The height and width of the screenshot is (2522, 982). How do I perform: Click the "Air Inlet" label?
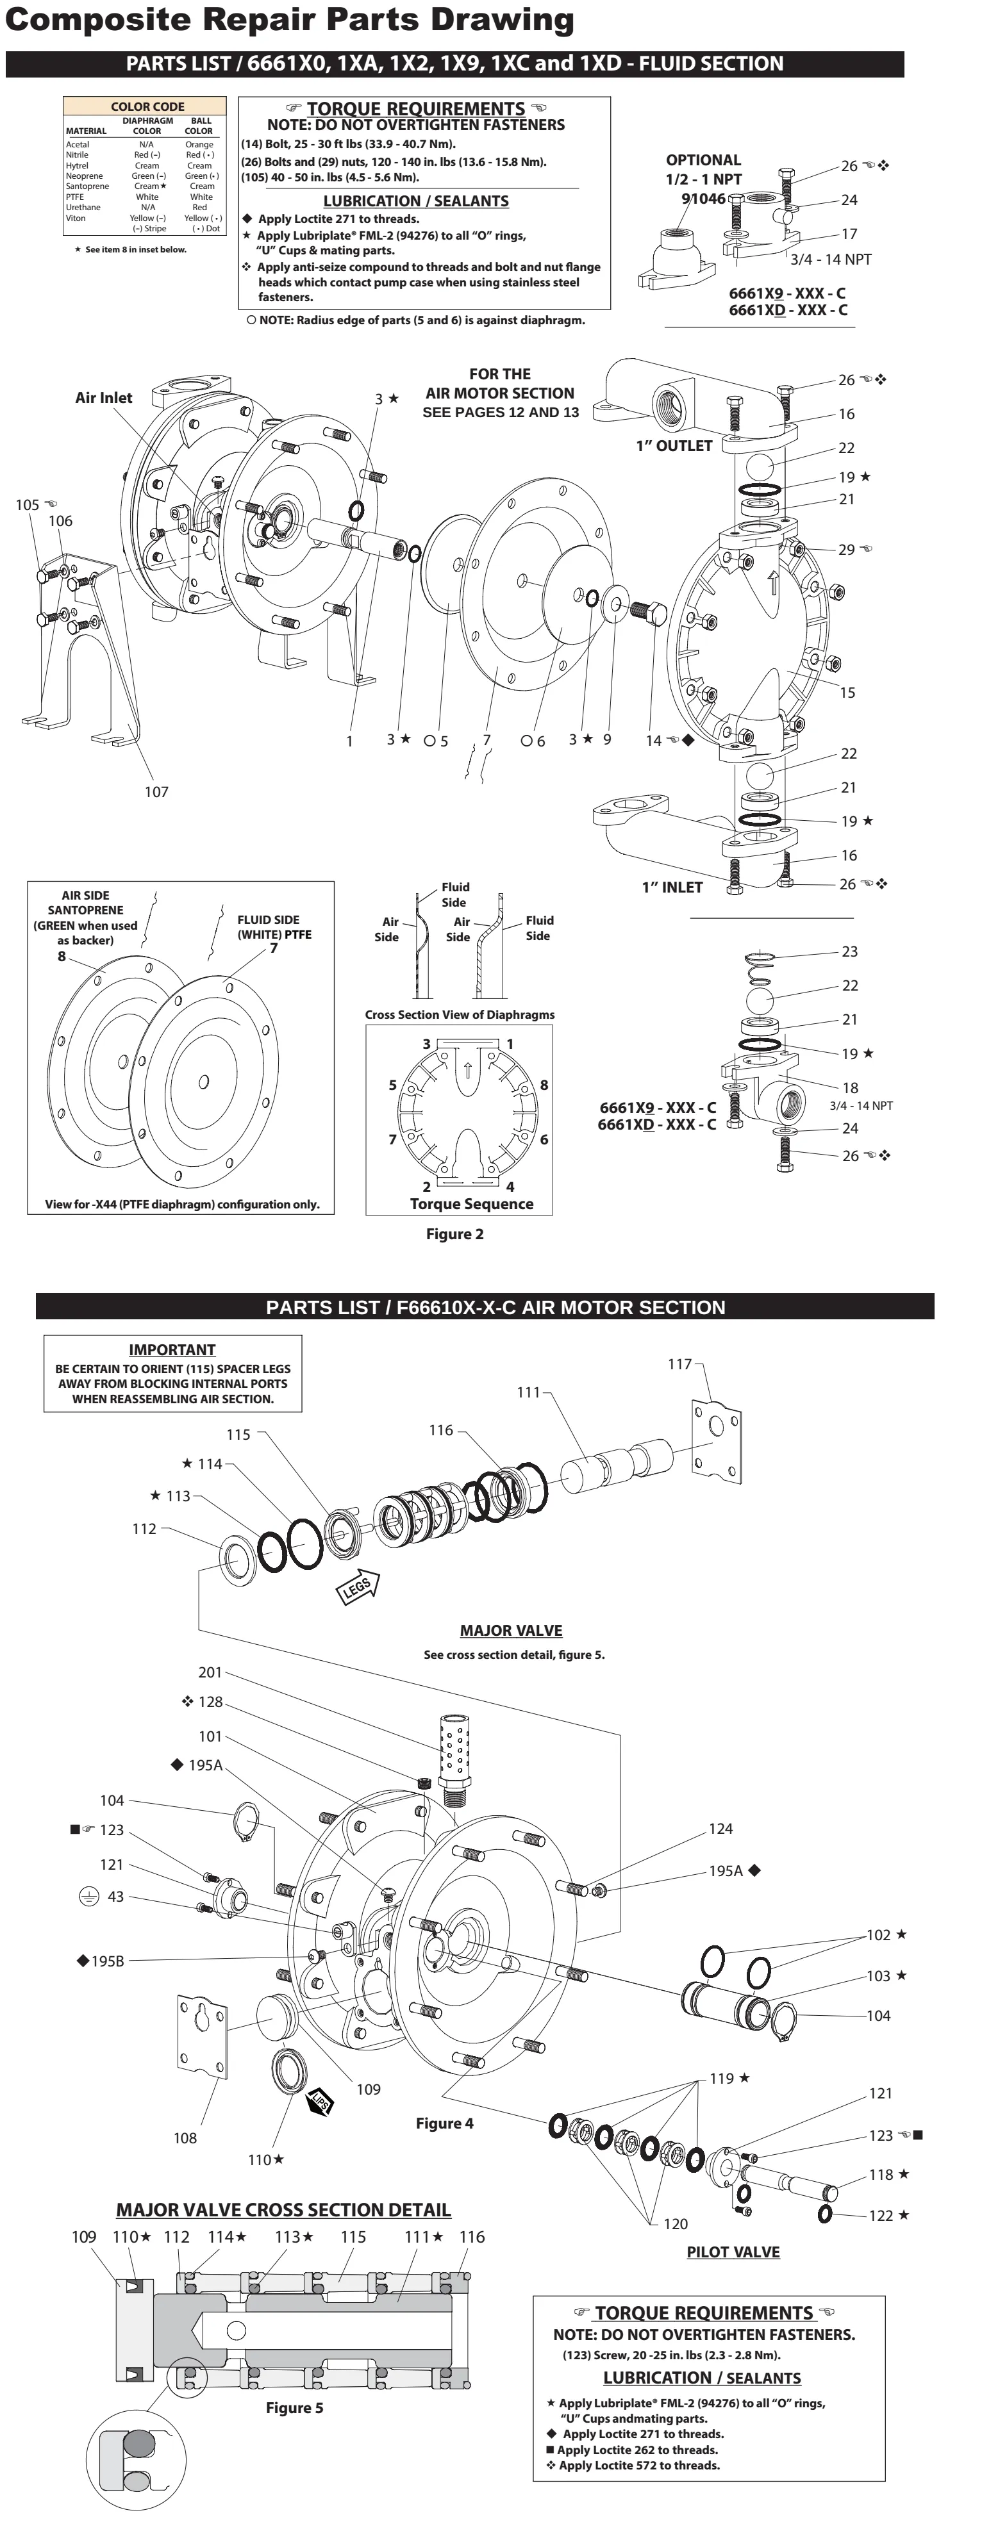(x=104, y=397)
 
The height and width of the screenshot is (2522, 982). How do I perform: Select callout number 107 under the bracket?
(x=156, y=792)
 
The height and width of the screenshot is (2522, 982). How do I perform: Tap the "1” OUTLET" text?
(x=674, y=445)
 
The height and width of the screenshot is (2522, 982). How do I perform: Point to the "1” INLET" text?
(x=672, y=887)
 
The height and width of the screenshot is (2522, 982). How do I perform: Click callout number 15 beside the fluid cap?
(x=847, y=692)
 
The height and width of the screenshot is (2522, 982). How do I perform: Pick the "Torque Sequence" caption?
(x=472, y=1204)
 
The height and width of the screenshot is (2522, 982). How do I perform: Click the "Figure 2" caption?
(x=454, y=1233)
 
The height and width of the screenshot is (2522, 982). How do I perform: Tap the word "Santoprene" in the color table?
(x=87, y=186)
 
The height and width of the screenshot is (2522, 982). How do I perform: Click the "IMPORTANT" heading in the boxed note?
(x=172, y=1349)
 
